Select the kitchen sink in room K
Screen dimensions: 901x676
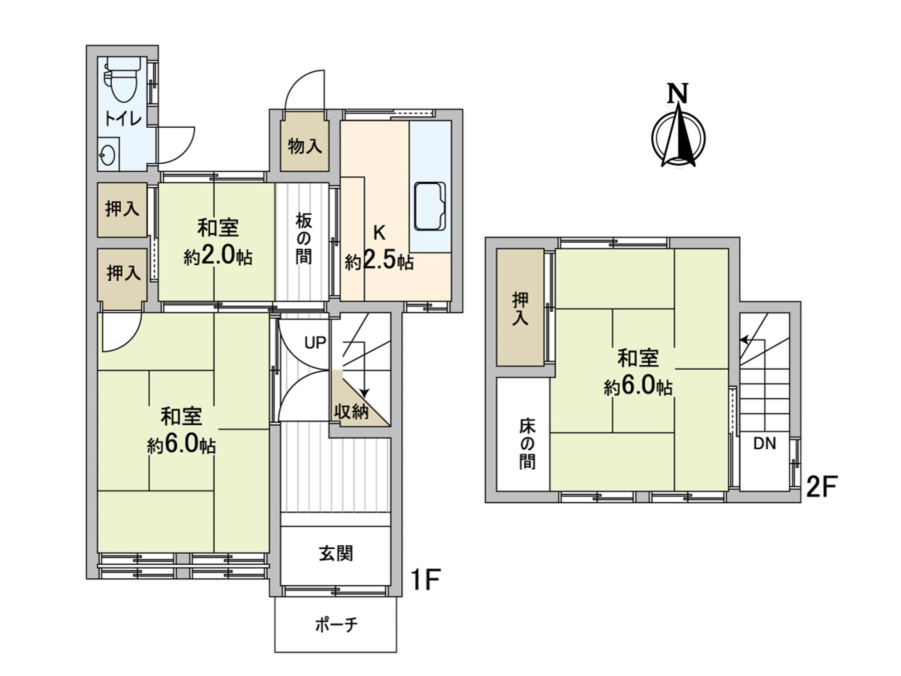(429, 206)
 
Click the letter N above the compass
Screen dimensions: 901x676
(678, 93)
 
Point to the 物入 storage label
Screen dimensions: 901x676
(305, 146)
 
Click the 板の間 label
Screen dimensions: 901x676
(304, 238)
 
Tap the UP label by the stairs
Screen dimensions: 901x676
(315, 343)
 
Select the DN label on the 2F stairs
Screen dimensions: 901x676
(764, 444)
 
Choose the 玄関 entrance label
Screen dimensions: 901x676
(336, 553)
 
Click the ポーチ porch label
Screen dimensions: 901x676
(336, 625)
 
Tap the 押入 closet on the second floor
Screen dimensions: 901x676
(520, 307)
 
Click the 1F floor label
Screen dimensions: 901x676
(425, 580)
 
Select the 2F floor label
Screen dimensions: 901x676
(822, 487)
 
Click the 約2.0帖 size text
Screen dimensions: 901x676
(218, 256)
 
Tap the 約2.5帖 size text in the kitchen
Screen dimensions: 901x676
(379, 261)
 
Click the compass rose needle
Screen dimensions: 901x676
(679, 135)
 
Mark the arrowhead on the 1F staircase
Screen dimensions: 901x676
(365, 393)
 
